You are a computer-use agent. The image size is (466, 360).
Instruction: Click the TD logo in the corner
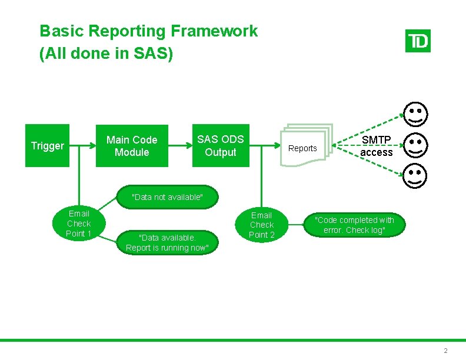click(x=418, y=41)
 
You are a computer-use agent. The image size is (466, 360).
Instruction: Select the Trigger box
click(x=47, y=146)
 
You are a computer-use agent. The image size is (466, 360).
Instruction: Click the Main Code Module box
click(x=132, y=146)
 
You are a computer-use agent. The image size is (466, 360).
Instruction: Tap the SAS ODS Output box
click(x=220, y=146)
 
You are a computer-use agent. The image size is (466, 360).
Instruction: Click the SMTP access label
click(x=377, y=146)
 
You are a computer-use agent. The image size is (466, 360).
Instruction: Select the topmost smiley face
click(x=415, y=114)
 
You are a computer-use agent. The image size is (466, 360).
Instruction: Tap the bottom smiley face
click(x=415, y=175)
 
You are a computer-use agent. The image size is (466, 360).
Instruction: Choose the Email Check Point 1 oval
click(x=79, y=224)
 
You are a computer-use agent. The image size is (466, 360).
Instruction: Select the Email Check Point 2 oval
click(x=262, y=225)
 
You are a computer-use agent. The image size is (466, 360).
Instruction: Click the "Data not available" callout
click(x=167, y=197)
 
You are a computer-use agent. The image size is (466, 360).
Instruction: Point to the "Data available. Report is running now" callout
click(x=167, y=242)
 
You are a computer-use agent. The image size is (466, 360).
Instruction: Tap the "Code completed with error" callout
click(x=355, y=225)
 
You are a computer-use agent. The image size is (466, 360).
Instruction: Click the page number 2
click(x=445, y=351)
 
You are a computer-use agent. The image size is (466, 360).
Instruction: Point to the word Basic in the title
click(x=58, y=31)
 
